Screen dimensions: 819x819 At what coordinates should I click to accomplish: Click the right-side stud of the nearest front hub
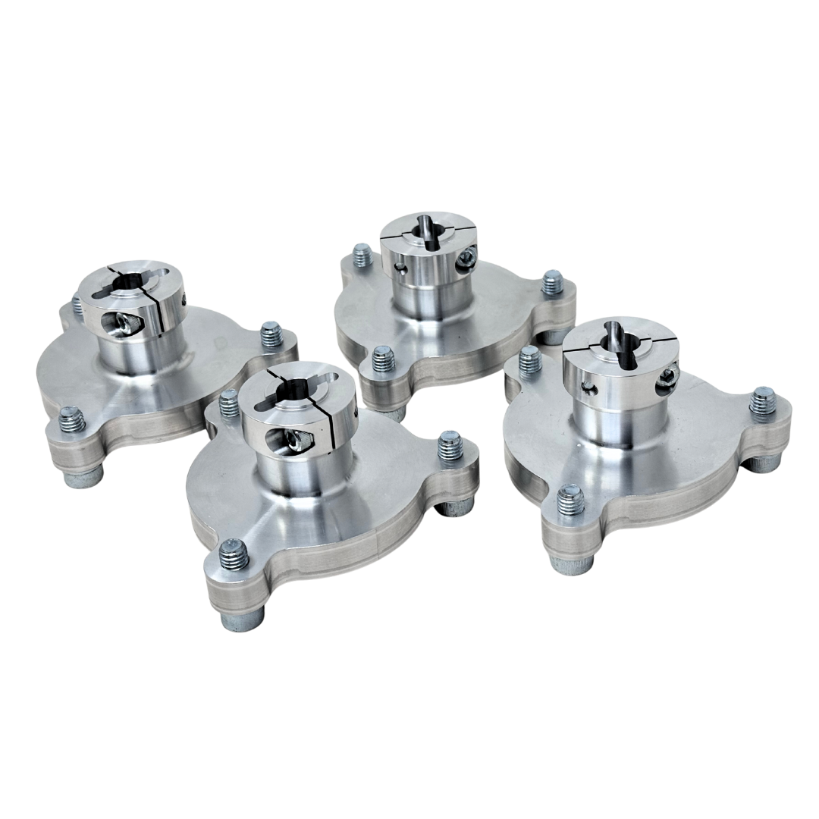[449, 444]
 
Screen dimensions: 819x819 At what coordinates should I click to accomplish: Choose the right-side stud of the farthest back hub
[553, 284]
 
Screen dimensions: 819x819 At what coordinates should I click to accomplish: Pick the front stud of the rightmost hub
[568, 500]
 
